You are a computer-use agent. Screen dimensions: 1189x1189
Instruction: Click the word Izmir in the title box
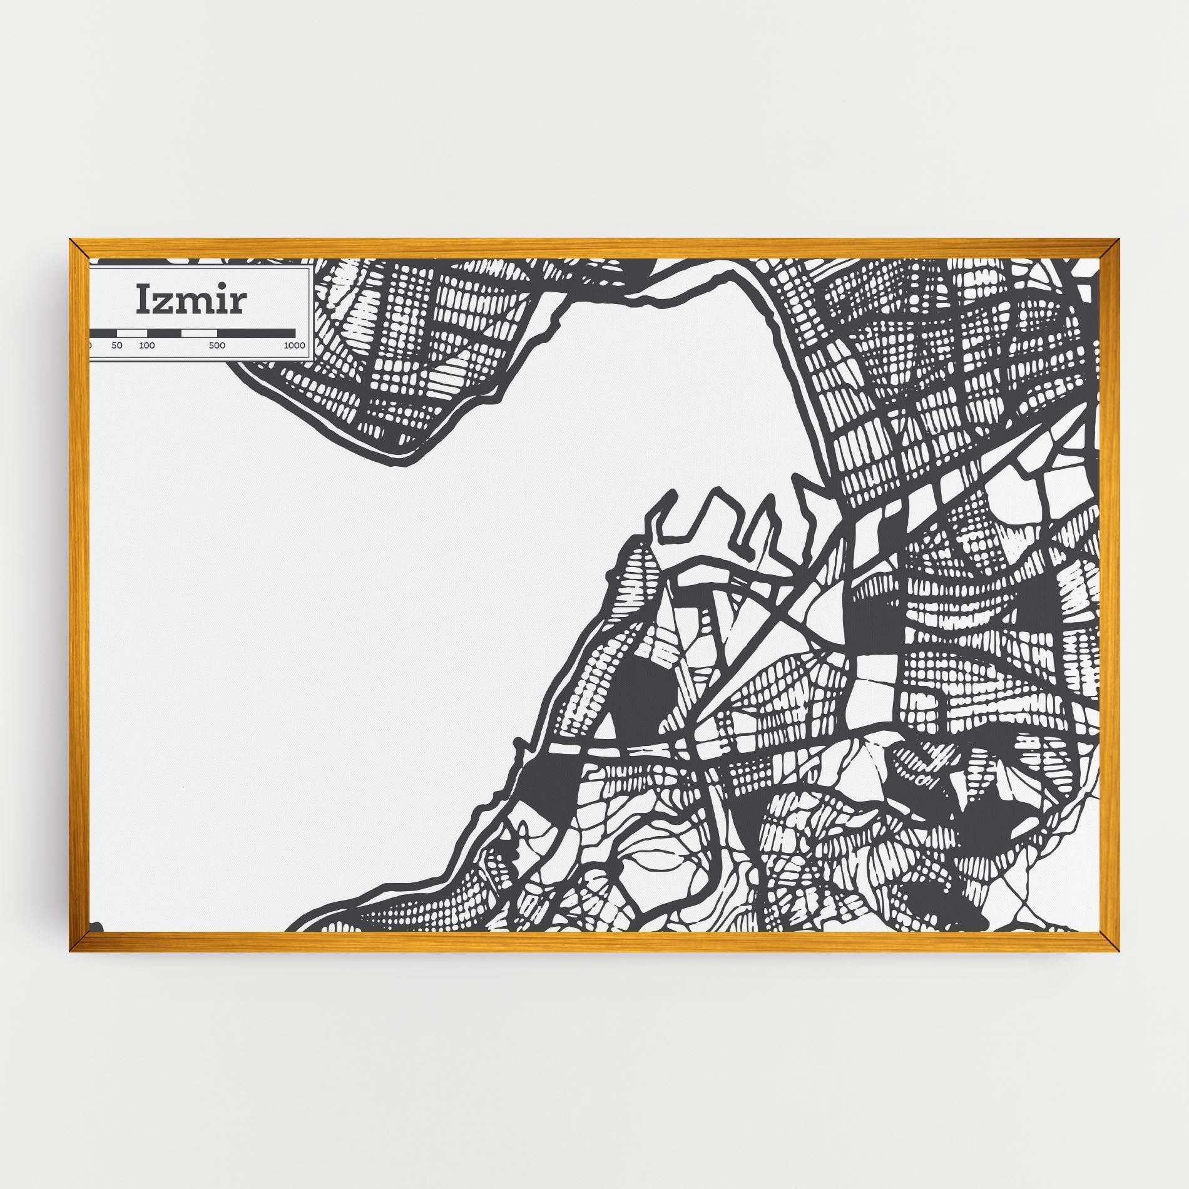click(191, 301)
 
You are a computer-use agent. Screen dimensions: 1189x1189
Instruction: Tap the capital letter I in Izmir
click(144, 301)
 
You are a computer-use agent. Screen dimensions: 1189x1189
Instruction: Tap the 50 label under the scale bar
click(117, 345)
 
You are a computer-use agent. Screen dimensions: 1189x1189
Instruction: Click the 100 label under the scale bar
click(147, 345)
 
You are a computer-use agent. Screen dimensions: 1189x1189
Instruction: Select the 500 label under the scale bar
click(217, 345)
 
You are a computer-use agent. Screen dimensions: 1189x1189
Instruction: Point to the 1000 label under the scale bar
click(294, 345)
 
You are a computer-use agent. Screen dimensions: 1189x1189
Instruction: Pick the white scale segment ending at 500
click(199, 332)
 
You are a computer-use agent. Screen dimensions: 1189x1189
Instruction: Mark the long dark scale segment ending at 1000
click(256, 332)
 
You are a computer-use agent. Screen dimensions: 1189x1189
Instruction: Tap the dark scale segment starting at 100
click(164, 332)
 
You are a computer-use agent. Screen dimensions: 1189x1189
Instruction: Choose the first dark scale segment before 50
click(103, 332)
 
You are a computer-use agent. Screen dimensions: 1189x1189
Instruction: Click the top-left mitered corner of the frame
click(79, 248)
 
